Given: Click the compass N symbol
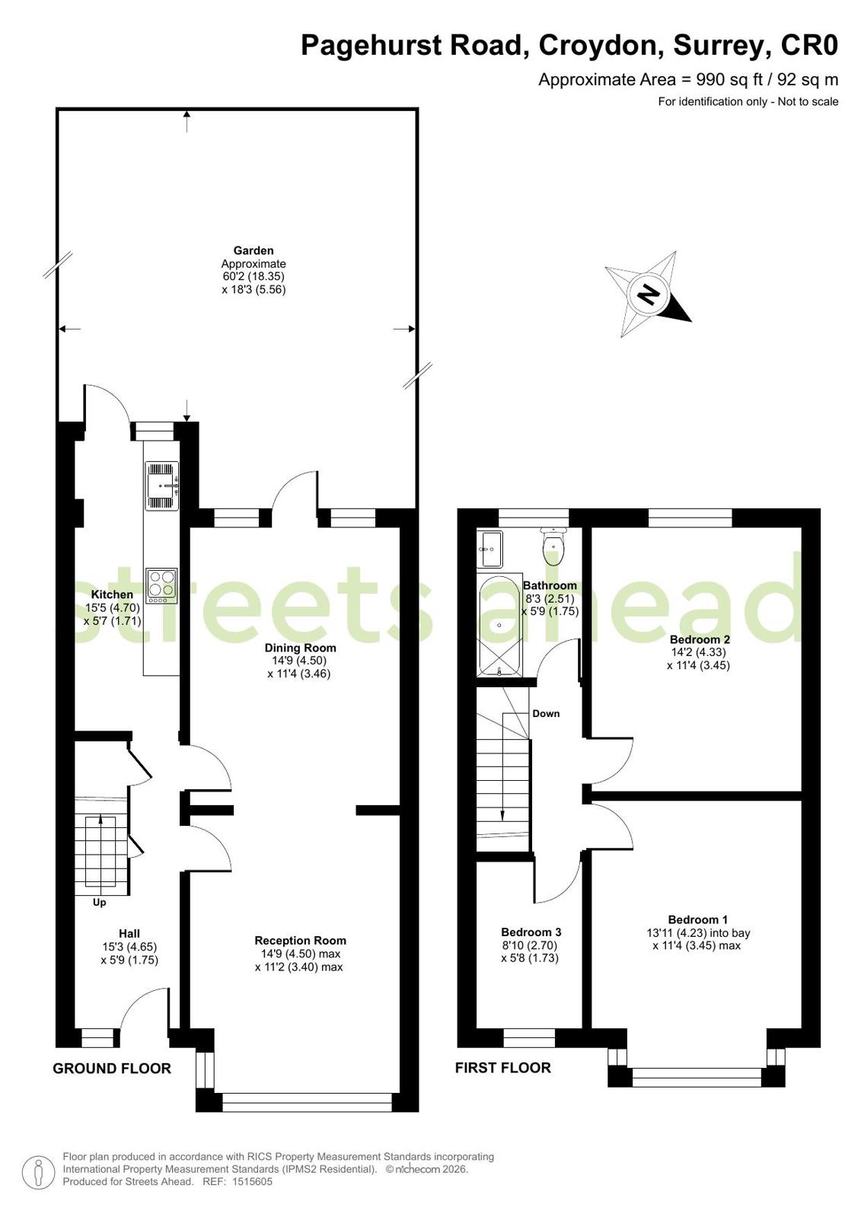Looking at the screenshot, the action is (647, 295).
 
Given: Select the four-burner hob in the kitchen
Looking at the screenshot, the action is (161, 586).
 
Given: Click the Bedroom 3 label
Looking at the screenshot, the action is (531, 932).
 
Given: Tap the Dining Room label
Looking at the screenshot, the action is (300, 648).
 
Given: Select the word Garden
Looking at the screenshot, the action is (254, 250).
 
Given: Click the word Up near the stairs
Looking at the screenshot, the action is (99, 903).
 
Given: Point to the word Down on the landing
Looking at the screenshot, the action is (546, 713).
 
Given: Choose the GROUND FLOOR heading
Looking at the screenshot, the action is (112, 1069).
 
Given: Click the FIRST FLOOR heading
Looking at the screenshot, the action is (502, 1068).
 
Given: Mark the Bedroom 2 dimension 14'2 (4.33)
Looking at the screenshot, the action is (699, 652).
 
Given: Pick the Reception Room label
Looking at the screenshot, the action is (300, 941).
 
